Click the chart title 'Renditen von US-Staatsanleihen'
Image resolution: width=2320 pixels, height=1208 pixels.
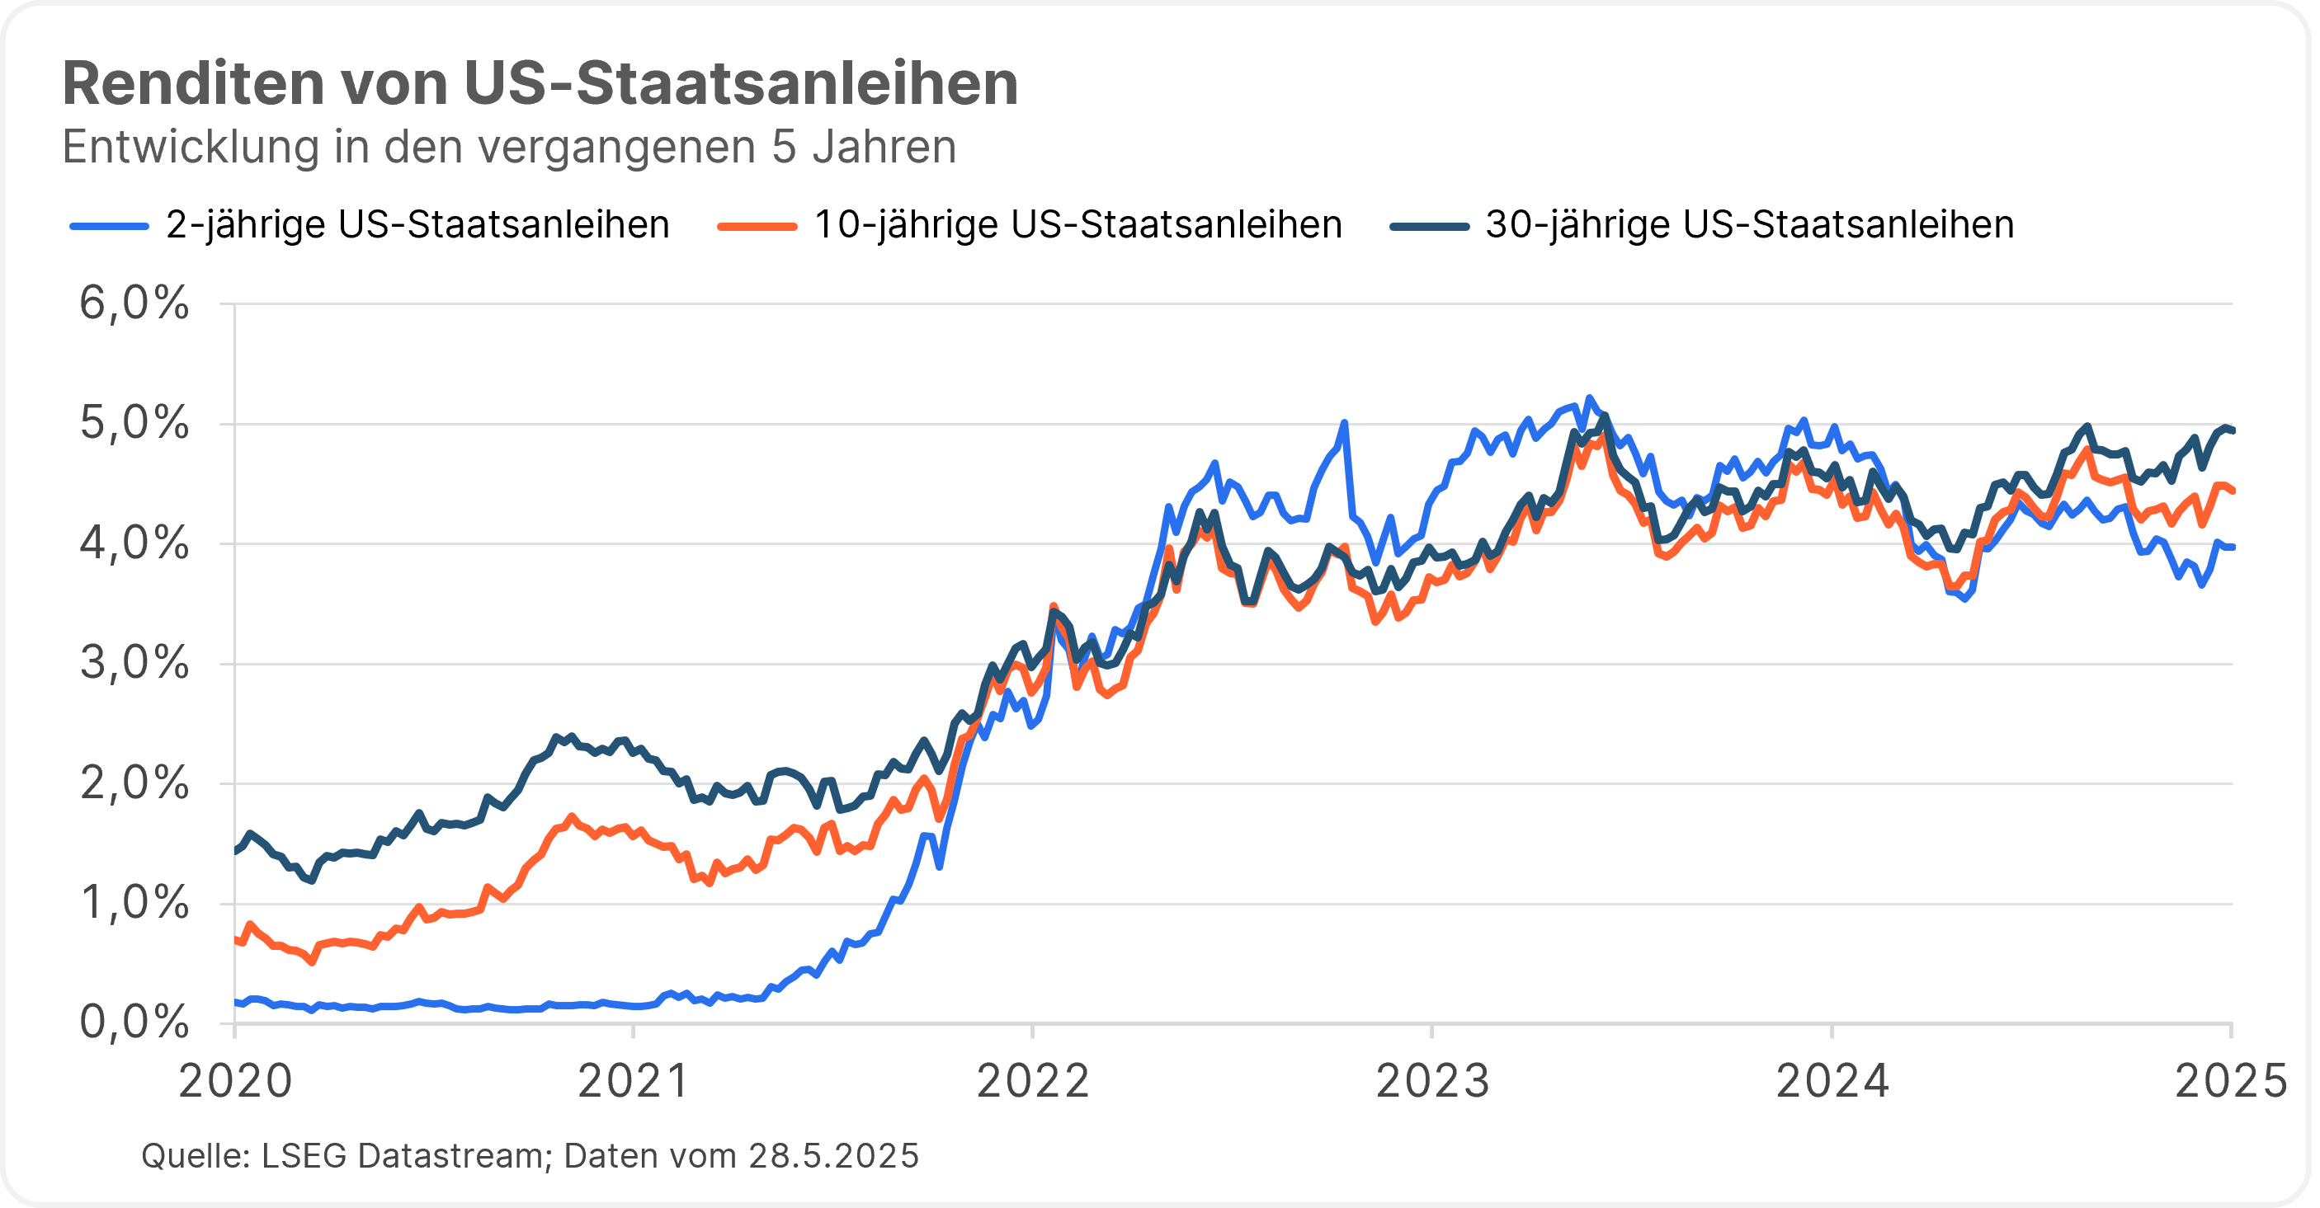540,84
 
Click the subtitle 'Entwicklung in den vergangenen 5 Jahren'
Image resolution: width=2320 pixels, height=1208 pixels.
509,147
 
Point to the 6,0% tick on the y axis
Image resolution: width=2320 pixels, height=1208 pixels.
135,303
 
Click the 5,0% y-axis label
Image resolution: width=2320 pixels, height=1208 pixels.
135,423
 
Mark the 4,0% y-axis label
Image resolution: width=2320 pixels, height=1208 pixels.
135,543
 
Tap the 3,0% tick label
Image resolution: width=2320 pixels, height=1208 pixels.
135,664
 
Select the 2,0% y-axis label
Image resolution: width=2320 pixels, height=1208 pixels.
135,784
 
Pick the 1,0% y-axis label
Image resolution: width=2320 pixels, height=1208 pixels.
135,903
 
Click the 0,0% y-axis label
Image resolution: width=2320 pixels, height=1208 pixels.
135,1022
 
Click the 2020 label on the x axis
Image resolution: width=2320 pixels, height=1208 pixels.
235,1080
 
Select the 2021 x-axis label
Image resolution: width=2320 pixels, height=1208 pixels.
634,1080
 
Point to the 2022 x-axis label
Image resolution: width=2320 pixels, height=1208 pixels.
1033,1080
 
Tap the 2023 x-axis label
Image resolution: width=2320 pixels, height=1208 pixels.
1432,1080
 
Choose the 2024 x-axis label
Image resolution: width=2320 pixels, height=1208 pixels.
1832,1080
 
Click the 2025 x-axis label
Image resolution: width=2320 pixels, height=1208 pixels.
2230,1080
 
